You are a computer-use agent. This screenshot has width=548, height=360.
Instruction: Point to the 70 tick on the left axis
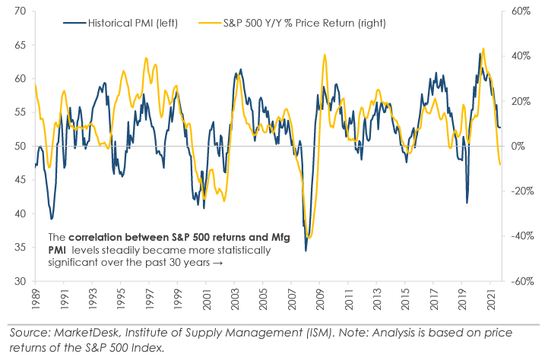click(20, 11)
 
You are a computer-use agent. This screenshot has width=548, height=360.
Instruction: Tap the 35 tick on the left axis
click(20, 248)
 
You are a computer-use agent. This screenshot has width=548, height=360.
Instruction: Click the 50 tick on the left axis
click(20, 146)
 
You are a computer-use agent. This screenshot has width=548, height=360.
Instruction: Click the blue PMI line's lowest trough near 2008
click(306, 250)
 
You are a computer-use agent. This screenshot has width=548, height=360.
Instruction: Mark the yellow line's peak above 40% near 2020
click(483, 49)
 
